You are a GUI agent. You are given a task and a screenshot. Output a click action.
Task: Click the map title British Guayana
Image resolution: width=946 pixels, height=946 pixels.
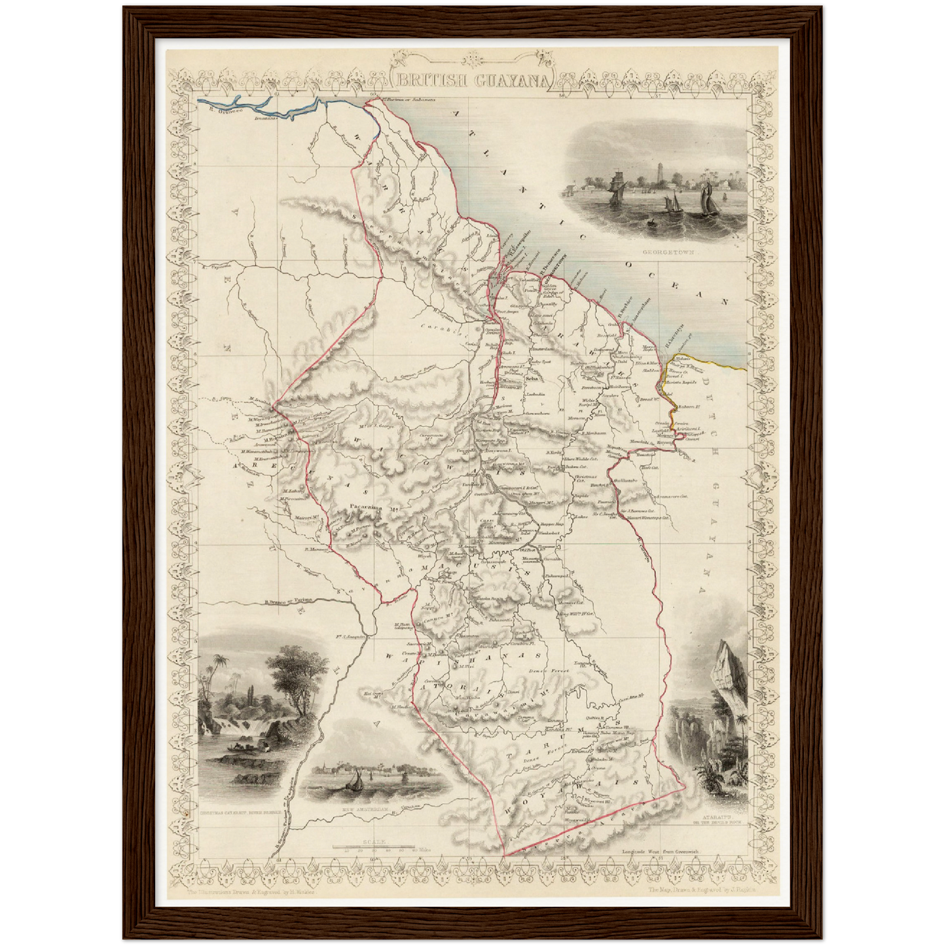(x=473, y=81)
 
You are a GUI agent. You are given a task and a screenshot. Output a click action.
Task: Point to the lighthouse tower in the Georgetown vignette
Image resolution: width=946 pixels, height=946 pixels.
(x=657, y=173)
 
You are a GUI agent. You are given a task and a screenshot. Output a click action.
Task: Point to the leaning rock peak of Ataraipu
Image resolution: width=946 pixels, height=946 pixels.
(x=725, y=661)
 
